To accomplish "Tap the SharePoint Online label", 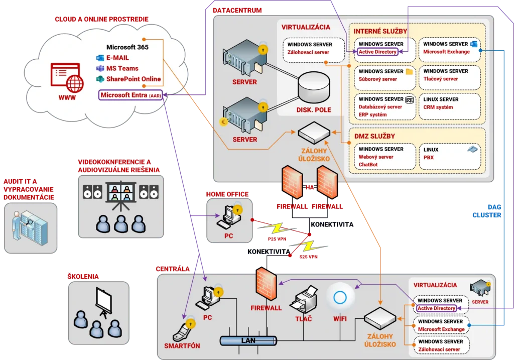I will [x=133, y=79].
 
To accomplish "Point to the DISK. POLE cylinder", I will [x=314, y=89].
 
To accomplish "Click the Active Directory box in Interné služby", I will [x=377, y=52].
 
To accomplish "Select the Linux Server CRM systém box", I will [x=449, y=106].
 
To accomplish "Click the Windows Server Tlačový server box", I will [x=449, y=77].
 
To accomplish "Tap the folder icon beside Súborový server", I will [x=409, y=72].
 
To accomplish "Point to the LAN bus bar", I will [x=248, y=341].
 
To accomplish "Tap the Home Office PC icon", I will [x=227, y=216].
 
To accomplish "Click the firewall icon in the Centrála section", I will [x=266, y=284].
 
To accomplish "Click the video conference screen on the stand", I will [x=120, y=193].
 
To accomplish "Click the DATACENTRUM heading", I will [x=237, y=10].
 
